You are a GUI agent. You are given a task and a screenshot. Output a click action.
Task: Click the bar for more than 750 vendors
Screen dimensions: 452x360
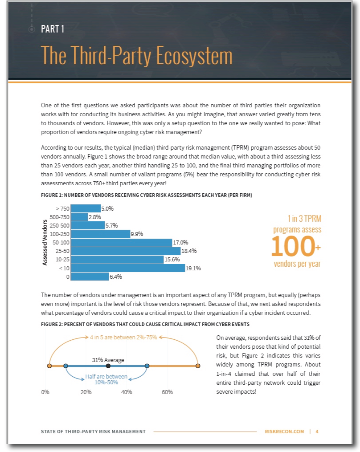tap(86, 208)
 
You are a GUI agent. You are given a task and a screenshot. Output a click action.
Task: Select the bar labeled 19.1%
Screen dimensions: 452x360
tap(128, 268)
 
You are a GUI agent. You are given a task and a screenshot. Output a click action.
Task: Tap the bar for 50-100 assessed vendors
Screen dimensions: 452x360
tap(121, 243)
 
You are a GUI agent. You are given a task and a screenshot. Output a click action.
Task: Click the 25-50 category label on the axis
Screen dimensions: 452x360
tap(61, 251)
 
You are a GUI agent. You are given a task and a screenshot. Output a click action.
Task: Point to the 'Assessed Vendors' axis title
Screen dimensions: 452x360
tap(45, 243)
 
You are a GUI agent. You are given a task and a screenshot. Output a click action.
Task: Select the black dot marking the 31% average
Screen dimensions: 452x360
tap(108, 366)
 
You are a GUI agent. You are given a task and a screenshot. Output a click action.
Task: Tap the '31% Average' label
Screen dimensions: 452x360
tap(108, 359)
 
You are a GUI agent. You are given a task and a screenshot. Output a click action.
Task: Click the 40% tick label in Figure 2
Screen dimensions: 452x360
tap(127, 392)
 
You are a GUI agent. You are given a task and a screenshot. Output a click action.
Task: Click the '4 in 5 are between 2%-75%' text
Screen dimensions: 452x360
tap(123, 337)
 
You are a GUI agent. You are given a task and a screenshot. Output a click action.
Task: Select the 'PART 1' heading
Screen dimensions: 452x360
tap(53, 29)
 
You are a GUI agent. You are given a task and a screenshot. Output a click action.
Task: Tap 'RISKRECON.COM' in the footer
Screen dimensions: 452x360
tap(284, 432)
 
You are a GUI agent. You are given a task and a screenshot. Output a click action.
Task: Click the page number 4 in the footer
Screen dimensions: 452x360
tap(317, 432)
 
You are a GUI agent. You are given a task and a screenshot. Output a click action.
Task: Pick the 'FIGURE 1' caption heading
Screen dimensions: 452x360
tap(147, 195)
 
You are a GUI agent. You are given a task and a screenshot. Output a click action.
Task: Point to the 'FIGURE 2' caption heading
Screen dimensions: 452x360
tap(145, 324)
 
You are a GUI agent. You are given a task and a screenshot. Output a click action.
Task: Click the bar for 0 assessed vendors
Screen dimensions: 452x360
tap(90, 277)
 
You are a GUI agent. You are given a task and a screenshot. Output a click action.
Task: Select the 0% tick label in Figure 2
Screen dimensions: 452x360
tap(45, 392)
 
